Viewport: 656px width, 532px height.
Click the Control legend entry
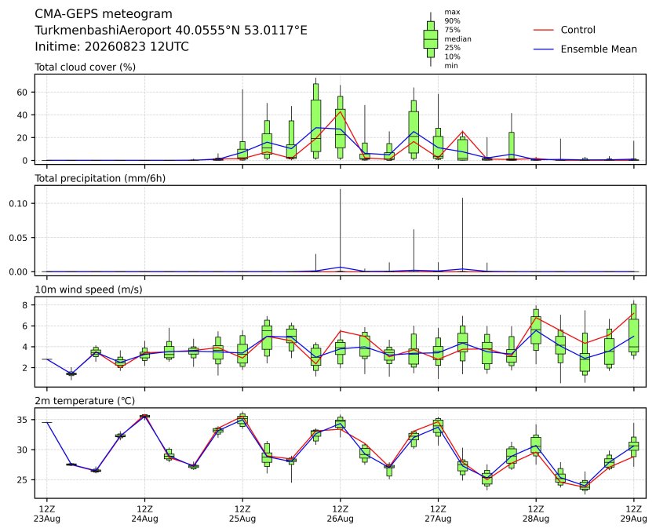click(x=564, y=30)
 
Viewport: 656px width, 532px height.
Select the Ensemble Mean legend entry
click(x=585, y=49)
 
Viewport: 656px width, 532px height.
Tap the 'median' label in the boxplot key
click(x=457, y=39)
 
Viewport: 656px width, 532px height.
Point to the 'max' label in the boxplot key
click(x=452, y=12)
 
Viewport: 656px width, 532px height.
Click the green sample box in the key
click(x=431, y=39)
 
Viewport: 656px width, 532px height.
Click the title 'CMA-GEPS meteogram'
click(x=104, y=14)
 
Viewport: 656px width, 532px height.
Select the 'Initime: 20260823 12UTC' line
click(x=111, y=46)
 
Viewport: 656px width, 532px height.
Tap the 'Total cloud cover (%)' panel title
click(x=85, y=67)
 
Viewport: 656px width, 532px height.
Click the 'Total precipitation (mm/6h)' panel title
click(x=100, y=178)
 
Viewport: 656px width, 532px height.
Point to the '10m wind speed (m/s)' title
click(x=88, y=290)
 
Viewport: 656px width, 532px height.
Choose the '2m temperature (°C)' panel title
click(x=85, y=401)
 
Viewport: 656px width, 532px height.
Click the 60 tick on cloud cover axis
click(x=22, y=92)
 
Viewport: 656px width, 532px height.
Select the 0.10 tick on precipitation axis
click(x=18, y=203)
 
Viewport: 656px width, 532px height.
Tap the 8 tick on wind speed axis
click(x=25, y=305)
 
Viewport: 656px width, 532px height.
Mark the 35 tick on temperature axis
click(x=22, y=420)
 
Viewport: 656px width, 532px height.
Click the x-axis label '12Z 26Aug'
click(x=340, y=514)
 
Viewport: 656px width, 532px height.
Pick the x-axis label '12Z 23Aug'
click(x=47, y=514)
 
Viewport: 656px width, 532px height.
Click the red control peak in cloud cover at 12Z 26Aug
click(x=340, y=111)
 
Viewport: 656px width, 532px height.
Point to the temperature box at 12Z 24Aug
click(x=144, y=416)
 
